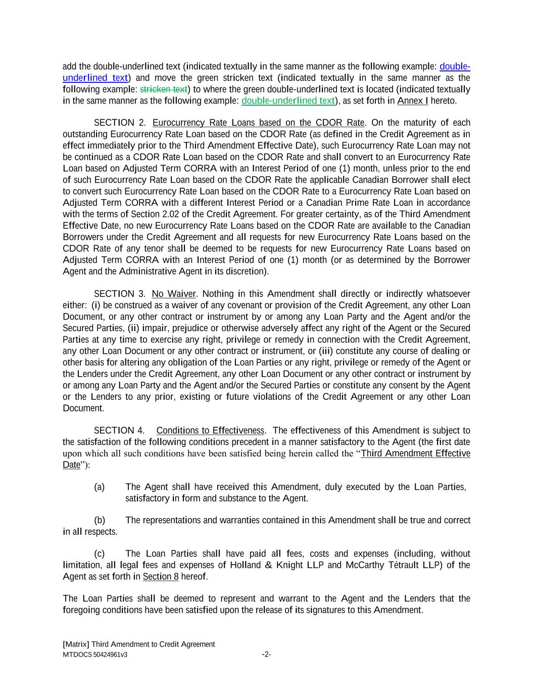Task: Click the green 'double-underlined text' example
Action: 288,101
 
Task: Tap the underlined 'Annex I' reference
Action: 412,101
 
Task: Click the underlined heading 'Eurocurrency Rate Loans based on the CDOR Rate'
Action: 258,123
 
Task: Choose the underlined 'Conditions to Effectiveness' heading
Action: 210,431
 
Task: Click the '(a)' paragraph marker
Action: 100,487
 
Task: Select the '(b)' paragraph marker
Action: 100,520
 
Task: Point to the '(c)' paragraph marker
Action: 100,554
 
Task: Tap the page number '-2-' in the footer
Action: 266,655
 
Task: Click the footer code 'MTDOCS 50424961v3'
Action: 95,655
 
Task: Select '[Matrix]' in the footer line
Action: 76,645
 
